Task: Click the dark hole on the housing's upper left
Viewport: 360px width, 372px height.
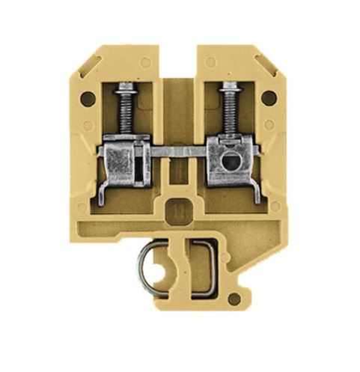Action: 88,97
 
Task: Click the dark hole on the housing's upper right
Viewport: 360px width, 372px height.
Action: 268,97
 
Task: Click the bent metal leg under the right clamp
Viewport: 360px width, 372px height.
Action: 254,190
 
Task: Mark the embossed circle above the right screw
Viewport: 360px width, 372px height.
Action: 212,62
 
